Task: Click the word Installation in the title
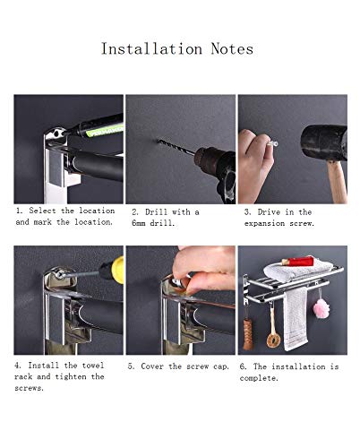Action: tap(151, 49)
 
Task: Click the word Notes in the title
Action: tap(232, 49)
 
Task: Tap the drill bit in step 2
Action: tap(176, 147)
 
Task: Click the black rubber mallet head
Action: tap(324, 142)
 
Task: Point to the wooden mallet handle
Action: tap(338, 182)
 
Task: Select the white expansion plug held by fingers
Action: tap(273, 143)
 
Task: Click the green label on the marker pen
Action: tap(105, 131)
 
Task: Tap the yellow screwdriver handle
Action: tap(117, 270)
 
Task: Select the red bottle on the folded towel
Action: tap(297, 262)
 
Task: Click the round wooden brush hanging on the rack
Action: tap(273, 340)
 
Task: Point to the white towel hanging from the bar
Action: tap(296, 319)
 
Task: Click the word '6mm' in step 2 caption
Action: tap(139, 223)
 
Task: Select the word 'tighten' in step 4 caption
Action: tap(71, 376)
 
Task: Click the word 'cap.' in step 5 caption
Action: tap(221, 366)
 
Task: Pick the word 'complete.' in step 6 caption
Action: tap(259, 378)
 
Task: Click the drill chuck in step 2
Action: tap(206, 159)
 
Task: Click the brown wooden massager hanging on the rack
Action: tap(248, 334)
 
